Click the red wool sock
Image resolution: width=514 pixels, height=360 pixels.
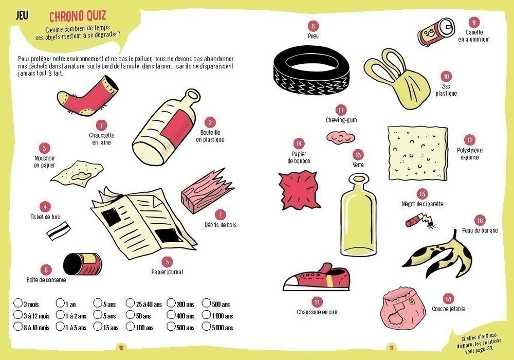click(x=87, y=96)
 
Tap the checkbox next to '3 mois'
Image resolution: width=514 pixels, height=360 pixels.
click(x=17, y=302)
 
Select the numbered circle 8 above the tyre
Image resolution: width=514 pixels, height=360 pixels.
click(x=313, y=26)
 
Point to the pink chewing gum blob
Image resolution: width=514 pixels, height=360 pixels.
click(x=341, y=136)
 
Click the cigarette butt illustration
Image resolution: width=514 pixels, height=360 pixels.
click(x=421, y=221)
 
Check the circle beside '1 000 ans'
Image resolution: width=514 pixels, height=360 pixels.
click(x=206, y=314)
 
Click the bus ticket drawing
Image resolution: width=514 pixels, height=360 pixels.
click(x=59, y=230)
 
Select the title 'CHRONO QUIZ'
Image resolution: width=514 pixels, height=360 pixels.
click(x=78, y=16)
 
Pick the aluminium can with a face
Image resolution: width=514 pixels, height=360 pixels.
click(x=436, y=32)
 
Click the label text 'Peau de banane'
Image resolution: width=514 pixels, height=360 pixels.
click(x=480, y=230)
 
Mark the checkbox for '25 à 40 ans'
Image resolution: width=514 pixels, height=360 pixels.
click(x=130, y=302)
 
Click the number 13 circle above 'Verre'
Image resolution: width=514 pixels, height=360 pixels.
click(x=358, y=155)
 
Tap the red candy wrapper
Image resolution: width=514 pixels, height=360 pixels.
click(x=299, y=190)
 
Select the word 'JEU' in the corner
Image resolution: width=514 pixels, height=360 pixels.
click(x=22, y=15)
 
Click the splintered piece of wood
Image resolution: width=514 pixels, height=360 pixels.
click(x=207, y=191)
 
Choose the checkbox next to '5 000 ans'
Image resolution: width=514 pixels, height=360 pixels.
click(x=206, y=326)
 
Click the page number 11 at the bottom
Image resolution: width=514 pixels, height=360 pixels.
click(x=391, y=348)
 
